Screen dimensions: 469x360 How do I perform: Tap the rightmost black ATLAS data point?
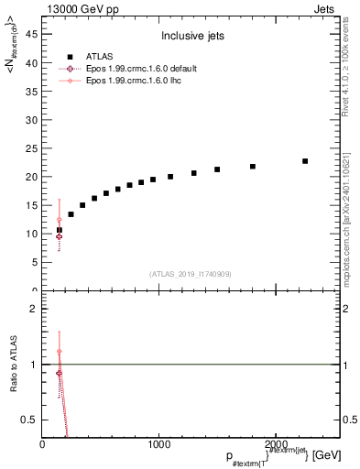tap(305, 161)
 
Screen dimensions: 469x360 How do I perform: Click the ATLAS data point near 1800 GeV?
tap(253, 167)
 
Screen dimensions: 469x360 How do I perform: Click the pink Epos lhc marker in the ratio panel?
tap(60, 352)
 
